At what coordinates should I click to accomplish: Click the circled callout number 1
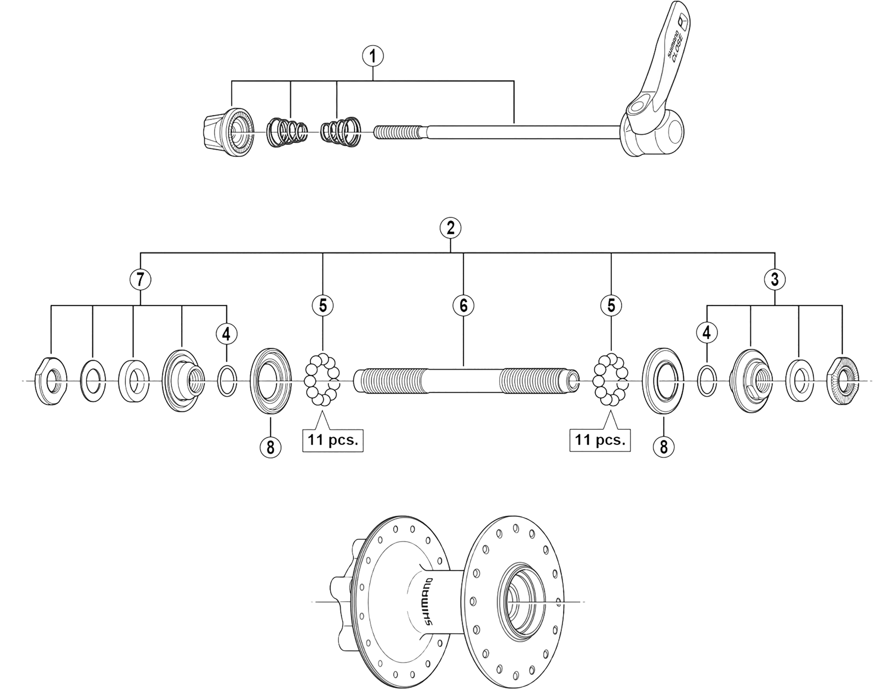372,56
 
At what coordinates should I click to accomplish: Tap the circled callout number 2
450,228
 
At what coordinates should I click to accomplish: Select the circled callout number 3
774,280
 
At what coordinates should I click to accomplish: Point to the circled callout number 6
463,305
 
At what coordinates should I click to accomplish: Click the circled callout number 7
141,280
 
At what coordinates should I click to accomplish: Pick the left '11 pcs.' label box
333,440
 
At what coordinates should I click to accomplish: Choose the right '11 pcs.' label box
600,440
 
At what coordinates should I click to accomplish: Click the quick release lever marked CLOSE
661,70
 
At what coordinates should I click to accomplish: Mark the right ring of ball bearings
610,380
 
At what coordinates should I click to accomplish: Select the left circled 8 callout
271,447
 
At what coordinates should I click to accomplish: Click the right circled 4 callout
706,333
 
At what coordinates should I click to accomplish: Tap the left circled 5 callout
323,305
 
